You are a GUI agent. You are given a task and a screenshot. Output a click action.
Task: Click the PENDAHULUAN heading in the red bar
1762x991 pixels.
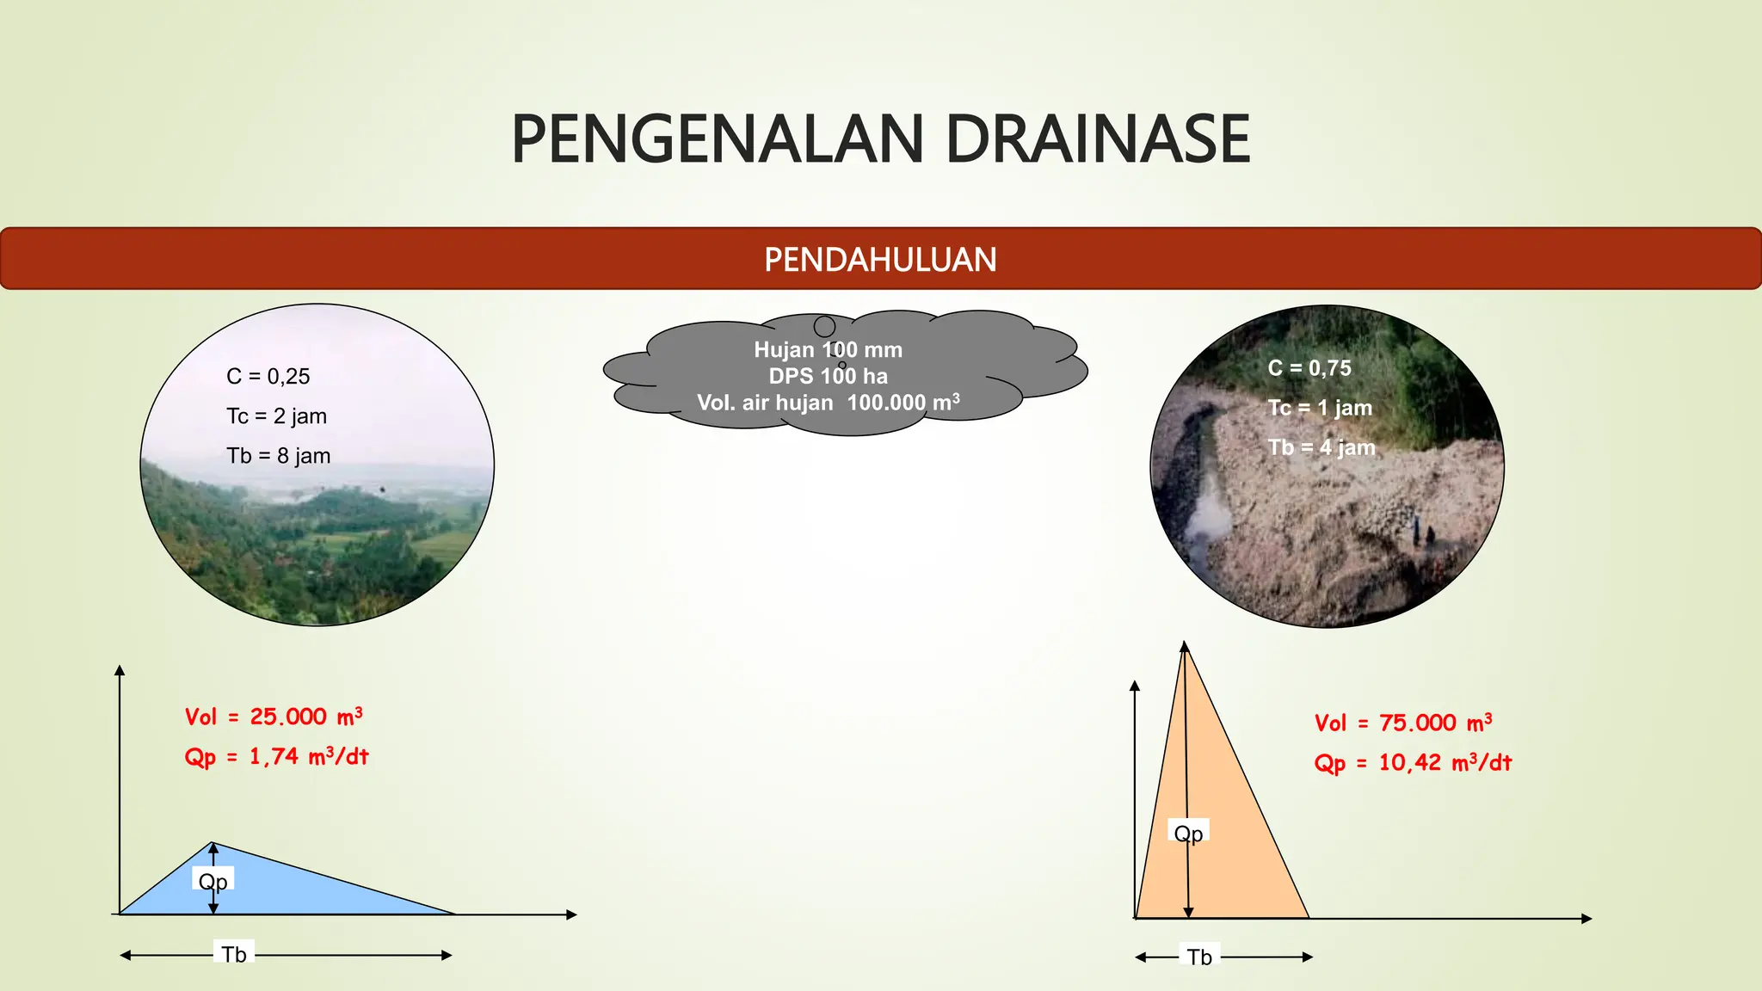coord(880,260)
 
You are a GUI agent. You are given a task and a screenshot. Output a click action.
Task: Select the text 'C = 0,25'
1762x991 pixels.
coord(268,376)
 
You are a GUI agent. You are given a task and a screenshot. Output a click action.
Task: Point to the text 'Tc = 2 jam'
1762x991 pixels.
coord(276,416)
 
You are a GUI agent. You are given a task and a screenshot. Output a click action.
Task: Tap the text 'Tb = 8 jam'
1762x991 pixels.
coord(278,456)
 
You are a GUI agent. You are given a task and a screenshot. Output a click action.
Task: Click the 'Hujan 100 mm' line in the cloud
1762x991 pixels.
coord(828,350)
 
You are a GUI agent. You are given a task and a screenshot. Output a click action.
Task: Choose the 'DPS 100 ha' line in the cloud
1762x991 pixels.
coord(828,376)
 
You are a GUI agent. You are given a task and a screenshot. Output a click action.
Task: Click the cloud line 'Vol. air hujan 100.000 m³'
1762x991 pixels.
coord(828,403)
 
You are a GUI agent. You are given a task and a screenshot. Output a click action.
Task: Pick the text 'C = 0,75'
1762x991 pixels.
coord(1309,368)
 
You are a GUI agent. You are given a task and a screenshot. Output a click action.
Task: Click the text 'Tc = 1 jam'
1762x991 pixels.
coord(1320,408)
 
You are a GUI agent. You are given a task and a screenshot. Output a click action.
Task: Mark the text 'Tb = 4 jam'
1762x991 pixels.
coord(1321,447)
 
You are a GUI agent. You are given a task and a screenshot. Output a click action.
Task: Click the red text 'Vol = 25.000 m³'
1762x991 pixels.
coord(274,717)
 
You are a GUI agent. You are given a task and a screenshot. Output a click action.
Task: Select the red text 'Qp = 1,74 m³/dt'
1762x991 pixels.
coord(276,757)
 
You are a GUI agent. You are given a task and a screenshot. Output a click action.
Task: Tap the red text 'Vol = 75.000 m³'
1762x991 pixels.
coord(1403,723)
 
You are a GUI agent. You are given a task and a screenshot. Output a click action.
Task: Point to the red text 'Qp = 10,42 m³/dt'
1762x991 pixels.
coord(1413,763)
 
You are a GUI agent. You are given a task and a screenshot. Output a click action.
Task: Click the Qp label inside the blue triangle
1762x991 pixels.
coord(213,881)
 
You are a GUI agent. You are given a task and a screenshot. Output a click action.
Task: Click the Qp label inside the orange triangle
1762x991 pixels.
coord(1188,833)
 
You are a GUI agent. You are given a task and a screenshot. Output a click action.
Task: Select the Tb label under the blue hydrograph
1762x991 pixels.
coord(234,955)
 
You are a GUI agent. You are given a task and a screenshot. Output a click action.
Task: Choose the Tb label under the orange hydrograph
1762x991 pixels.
coord(1199,957)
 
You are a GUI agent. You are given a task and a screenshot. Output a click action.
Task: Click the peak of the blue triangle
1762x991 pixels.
coord(213,843)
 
